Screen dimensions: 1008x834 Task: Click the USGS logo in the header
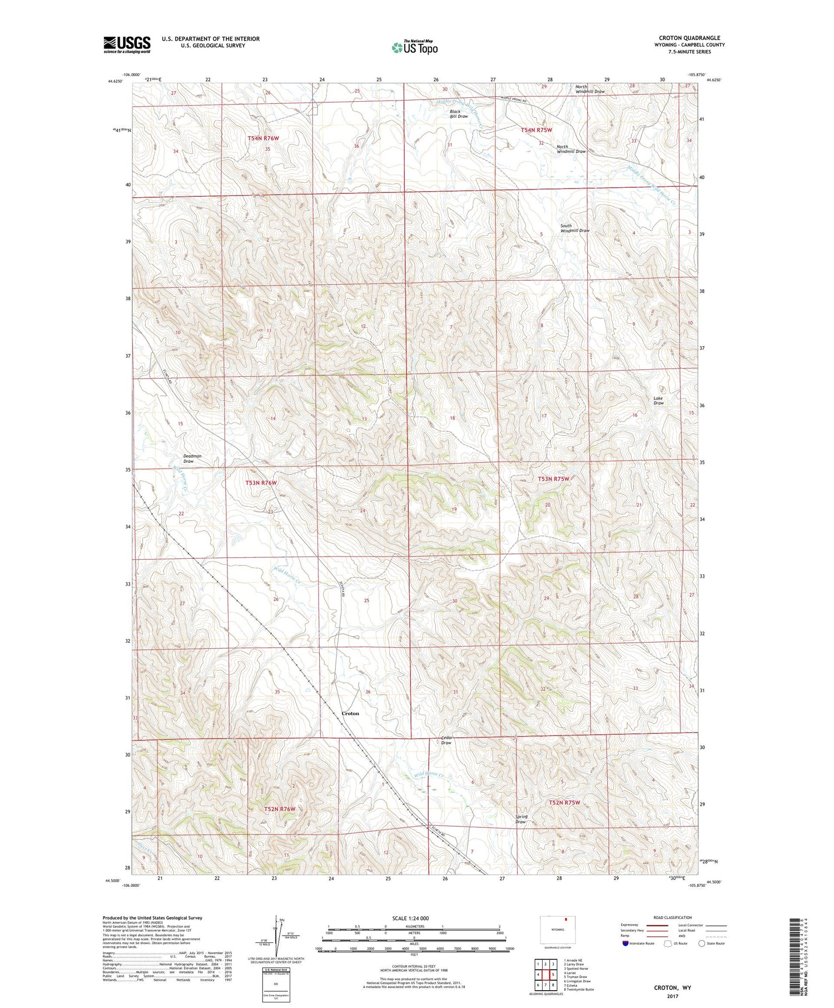[x=127, y=44]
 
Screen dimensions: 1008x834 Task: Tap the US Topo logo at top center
[x=415, y=47]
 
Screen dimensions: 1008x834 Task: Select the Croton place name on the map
[x=350, y=713]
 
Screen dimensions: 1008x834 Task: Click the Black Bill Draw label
[x=459, y=114]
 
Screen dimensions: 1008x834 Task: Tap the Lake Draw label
[x=658, y=400]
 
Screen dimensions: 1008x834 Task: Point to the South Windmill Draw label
[x=574, y=228]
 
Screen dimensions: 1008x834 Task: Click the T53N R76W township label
[x=261, y=483]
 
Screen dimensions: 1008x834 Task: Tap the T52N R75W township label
[x=564, y=802]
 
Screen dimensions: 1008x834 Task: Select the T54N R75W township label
[x=537, y=130]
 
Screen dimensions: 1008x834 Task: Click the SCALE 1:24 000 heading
[x=410, y=918]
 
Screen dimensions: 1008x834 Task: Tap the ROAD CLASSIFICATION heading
[x=673, y=917]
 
